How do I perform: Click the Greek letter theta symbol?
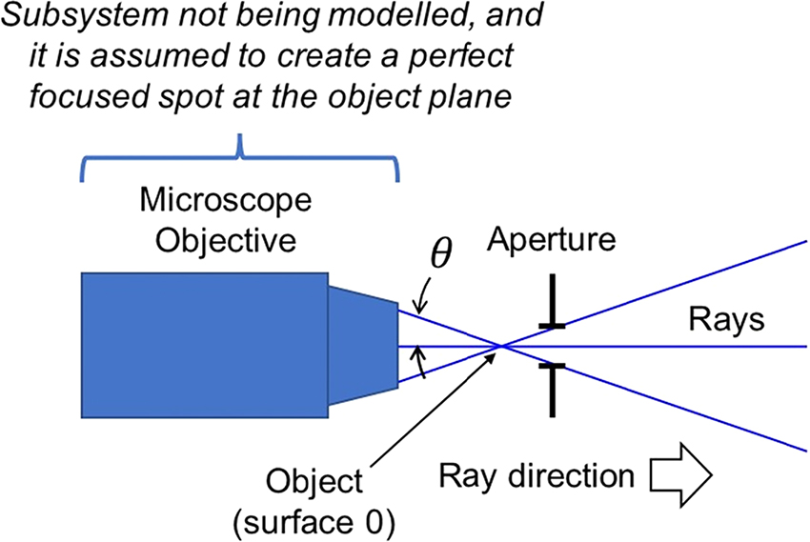440,254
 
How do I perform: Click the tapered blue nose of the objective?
363,347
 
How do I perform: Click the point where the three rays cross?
502,346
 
